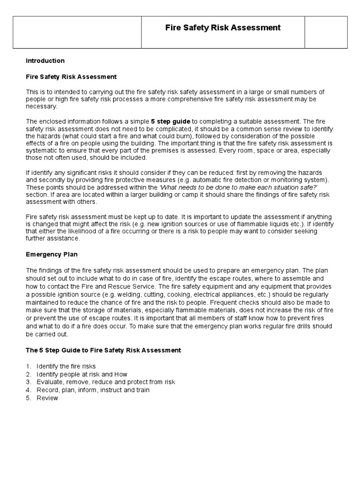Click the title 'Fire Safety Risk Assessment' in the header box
point(223,28)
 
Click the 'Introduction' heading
point(45,61)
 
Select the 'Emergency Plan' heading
point(52,255)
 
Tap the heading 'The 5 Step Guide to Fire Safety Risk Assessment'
point(103,350)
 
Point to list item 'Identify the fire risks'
point(66,366)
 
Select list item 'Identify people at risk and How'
point(82,374)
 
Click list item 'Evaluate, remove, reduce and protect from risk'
point(105,382)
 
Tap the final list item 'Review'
point(47,398)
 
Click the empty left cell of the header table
point(77,32)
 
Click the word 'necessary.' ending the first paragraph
point(41,106)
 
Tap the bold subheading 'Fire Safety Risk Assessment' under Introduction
point(71,76)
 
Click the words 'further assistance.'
point(53,239)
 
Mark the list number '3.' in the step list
point(29,382)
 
